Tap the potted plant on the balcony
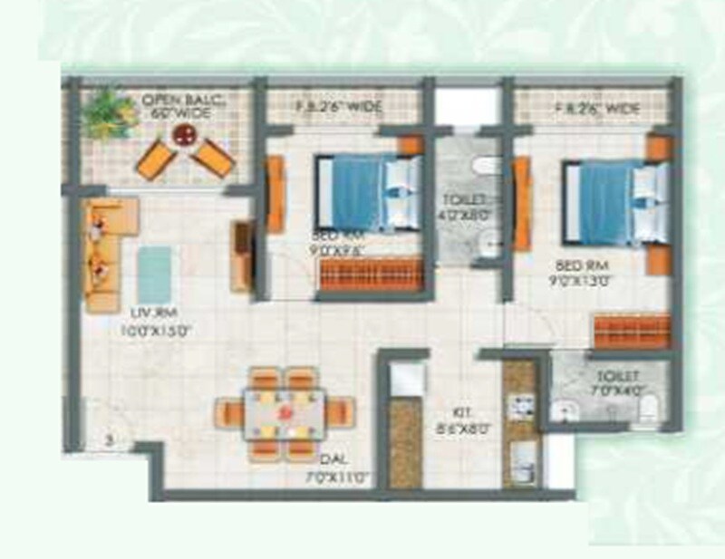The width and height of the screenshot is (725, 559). coord(108,113)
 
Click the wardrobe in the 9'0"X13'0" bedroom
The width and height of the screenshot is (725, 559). coord(632,330)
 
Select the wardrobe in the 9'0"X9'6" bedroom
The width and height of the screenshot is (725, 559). coord(372,274)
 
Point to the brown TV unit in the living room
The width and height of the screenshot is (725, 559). coord(242,255)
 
